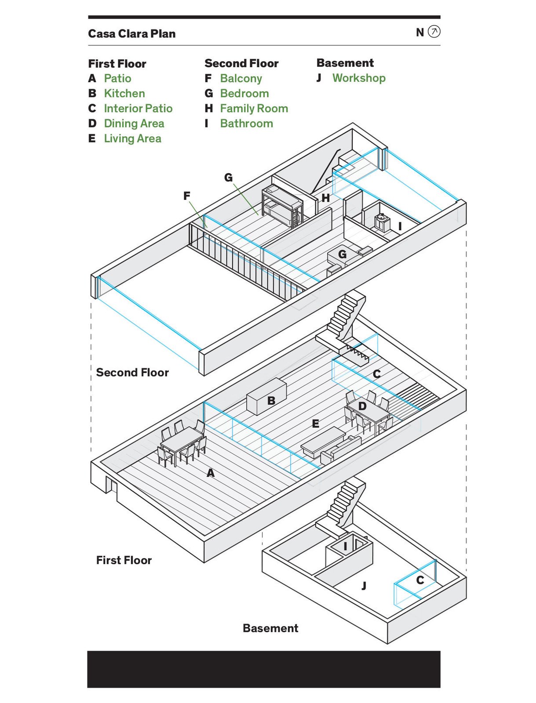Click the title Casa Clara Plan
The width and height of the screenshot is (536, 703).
[131, 34]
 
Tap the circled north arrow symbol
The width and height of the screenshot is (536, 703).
[434, 32]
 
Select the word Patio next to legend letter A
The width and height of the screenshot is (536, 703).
[117, 78]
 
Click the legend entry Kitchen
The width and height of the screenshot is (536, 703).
[124, 93]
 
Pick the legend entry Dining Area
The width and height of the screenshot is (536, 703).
[134, 123]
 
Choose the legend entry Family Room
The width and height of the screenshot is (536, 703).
[254, 109]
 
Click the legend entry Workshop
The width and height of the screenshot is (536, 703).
[359, 78]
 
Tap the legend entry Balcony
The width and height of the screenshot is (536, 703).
[241, 78]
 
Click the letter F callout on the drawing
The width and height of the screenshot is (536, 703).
[187, 196]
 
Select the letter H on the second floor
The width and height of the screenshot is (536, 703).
[325, 198]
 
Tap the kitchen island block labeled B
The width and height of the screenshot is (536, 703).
[266, 396]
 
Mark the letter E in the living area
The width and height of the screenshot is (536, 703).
[315, 424]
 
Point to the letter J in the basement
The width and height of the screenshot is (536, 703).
[364, 586]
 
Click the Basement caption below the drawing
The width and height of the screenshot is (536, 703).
[270, 628]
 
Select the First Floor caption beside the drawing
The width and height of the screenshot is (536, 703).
[124, 560]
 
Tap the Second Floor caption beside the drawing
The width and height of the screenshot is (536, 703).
[132, 373]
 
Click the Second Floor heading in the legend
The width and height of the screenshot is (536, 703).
[241, 63]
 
